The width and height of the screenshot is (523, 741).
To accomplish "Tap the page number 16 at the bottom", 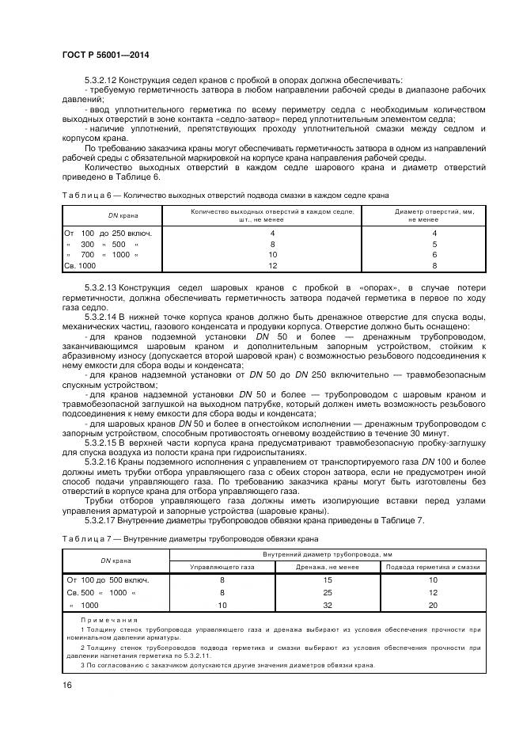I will pyautogui.click(x=66, y=685).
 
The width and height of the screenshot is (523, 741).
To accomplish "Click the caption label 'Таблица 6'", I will pyautogui.click(x=87, y=194).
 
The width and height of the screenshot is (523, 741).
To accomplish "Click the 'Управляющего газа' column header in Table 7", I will pyautogui.click(x=222, y=567).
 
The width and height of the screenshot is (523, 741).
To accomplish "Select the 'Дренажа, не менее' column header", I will pyautogui.click(x=328, y=567).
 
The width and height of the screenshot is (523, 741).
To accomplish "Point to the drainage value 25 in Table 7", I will pyautogui.click(x=328, y=591).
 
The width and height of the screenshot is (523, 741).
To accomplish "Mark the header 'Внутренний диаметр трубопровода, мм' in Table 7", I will pyautogui.click(x=328, y=555).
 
